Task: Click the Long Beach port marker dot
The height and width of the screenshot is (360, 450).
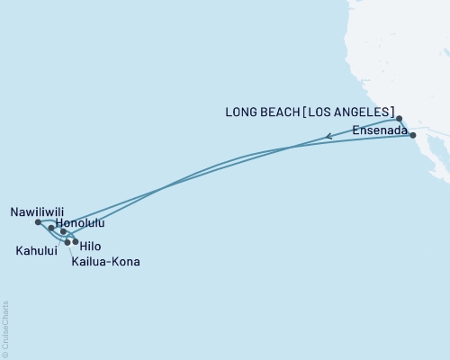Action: [399, 118]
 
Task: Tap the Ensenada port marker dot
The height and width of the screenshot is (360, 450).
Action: [412, 135]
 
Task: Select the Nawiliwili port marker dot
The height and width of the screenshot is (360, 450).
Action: [37, 221]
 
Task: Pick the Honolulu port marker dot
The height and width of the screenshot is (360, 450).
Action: [50, 228]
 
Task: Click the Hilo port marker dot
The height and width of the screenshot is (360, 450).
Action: [75, 241]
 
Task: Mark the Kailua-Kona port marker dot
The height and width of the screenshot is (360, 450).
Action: [67, 242]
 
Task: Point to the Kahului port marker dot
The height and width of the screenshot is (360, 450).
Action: [63, 232]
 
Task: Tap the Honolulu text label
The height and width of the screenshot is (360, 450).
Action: [80, 222]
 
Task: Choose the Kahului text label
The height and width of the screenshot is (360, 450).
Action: [36, 251]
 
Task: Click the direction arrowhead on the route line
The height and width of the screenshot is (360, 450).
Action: [329, 137]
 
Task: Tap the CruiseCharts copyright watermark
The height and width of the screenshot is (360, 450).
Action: [5, 328]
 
